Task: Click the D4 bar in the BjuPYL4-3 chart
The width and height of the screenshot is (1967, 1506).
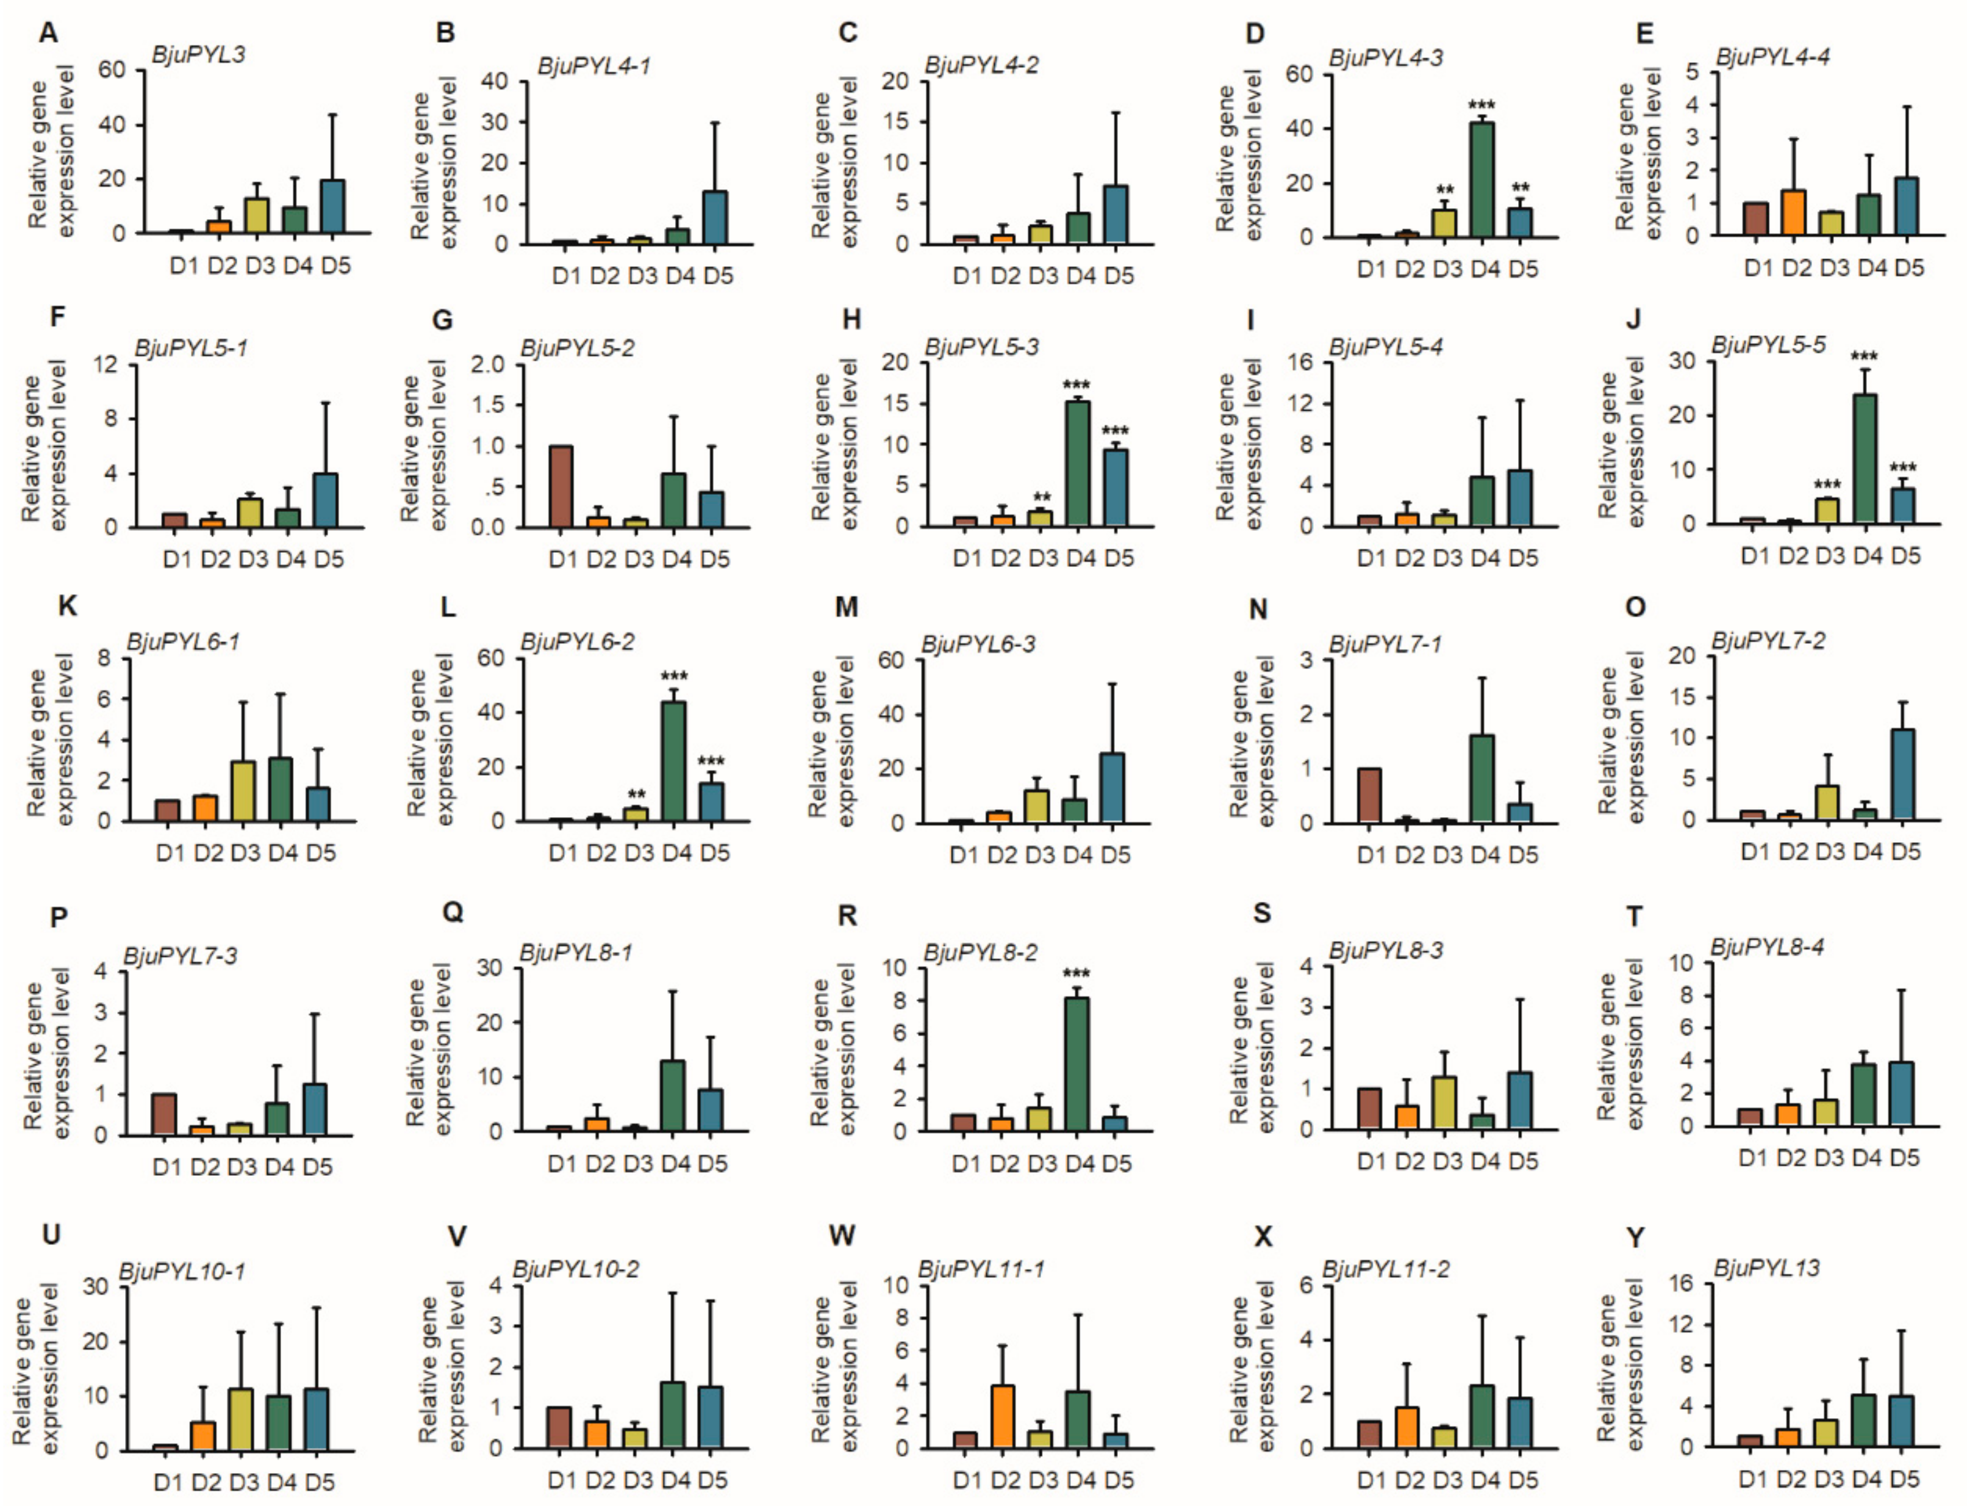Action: tap(1483, 179)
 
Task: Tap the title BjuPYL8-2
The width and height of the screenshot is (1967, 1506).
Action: tap(980, 952)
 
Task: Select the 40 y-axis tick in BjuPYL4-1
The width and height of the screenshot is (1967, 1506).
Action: tap(494, 82)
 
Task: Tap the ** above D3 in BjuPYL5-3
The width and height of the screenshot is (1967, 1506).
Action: tap(1041, 497)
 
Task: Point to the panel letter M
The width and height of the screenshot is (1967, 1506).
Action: tap(846, 608)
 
